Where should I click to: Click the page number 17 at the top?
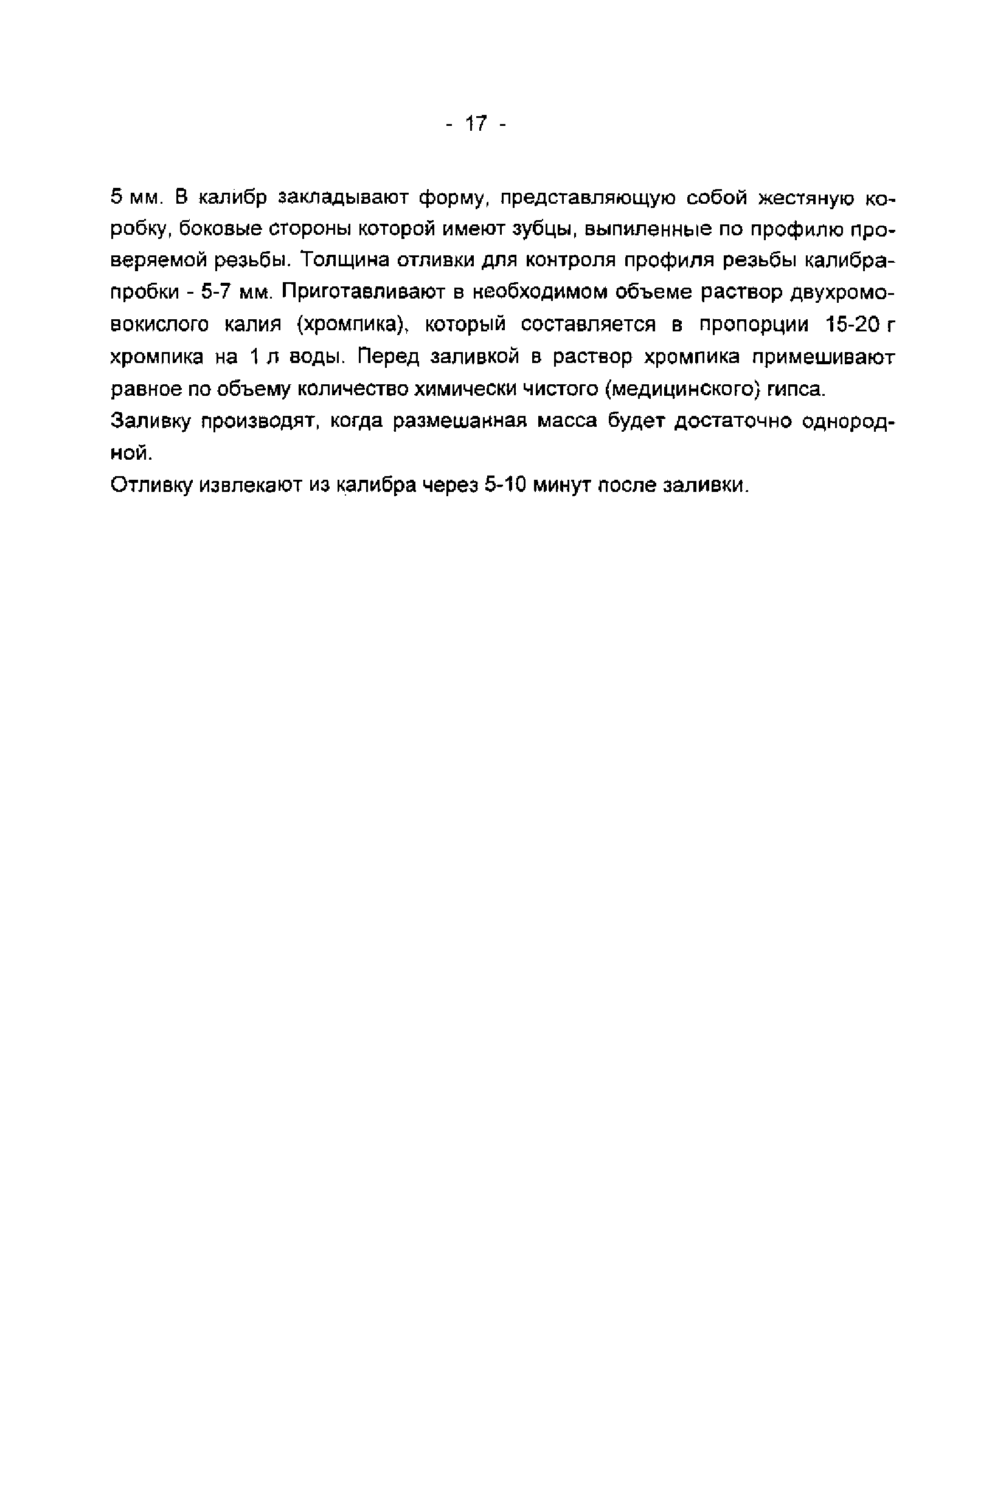tap(476, 123)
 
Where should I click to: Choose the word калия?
tap(253, 325)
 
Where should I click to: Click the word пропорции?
tap(753, 325)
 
